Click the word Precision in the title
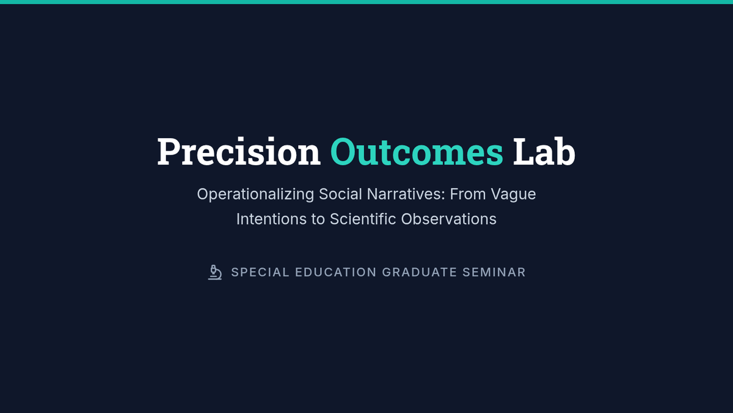[x=239, y=152]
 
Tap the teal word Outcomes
[x=417, y=152]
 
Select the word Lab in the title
[x=544, y=151]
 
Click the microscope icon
[x=215, y=272]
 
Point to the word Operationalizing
[x=255, y=195]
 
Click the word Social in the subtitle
[x=340, y=194]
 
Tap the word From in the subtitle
[x=468, y=194]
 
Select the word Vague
[x=513, y=195]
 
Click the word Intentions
[x=271, y=219]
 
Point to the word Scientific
[x=363, y=219]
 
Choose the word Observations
[x=448, y=219]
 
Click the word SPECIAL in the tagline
[x=260, y=272]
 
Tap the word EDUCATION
[x=336, y=272]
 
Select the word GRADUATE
[x=420, y=272]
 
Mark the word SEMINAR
[x=494, y=272]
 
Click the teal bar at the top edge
[x=366, y=2]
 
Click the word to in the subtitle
[x=318, y=220]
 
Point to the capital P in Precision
[x=168, y=152]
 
